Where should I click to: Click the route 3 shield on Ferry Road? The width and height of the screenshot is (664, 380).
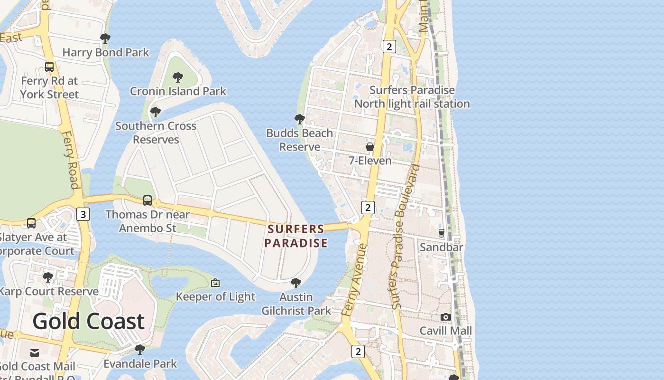tap(83, 214)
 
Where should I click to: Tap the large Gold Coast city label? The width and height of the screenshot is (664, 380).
tap(88, 321)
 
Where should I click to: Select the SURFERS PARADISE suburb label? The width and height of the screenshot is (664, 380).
tap(296, 236)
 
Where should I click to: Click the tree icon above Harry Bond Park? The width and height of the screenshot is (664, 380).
tap(105, 38)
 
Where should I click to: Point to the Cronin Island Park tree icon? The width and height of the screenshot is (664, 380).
tap(178, 77)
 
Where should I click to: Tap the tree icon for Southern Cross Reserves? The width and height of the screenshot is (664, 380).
tap(155, 112)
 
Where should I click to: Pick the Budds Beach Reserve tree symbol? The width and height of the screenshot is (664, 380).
tap(299, 119)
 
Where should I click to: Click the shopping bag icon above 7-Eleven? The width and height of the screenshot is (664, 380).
tap(370, 147)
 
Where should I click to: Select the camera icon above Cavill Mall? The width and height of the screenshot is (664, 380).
tap(445, 317)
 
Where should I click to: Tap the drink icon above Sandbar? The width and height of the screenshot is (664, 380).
tap(442, 233)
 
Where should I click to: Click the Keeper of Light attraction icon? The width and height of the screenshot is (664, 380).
tap(215, 283)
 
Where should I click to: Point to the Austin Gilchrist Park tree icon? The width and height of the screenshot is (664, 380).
tap(295, 283)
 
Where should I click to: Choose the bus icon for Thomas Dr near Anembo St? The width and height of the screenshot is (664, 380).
tap(148, 200)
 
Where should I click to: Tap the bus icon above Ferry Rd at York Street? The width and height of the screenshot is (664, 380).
tap(49, 67)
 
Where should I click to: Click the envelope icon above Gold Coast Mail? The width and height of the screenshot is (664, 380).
tap(35, 353)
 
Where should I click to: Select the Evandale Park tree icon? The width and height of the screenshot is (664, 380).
tap(139, 350)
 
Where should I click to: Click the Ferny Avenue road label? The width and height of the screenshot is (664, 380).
tap(354, 280)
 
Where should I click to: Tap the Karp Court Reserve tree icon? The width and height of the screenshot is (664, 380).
tap(47, 277)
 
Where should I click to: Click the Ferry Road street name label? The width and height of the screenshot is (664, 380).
tap(70, 160)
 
